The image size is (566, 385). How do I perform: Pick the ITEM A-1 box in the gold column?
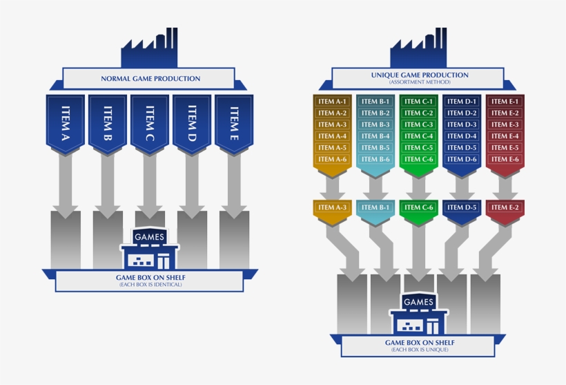point(332,102)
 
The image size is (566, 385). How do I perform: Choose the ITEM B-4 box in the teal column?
point(375,136)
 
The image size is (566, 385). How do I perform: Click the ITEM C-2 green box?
point(419,113)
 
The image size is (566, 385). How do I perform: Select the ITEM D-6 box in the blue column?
point(462,160)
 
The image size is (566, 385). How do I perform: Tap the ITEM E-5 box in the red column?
point(505,148)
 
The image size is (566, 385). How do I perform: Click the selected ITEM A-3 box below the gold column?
point(332,207)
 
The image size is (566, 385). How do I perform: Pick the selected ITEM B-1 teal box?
point(375,207)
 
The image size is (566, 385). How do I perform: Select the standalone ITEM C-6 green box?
point(419,207)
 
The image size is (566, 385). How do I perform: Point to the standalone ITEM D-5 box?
point(462,207)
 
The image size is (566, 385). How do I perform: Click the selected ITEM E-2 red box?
point(505,207)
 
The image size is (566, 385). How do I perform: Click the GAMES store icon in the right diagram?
point(419,314)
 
